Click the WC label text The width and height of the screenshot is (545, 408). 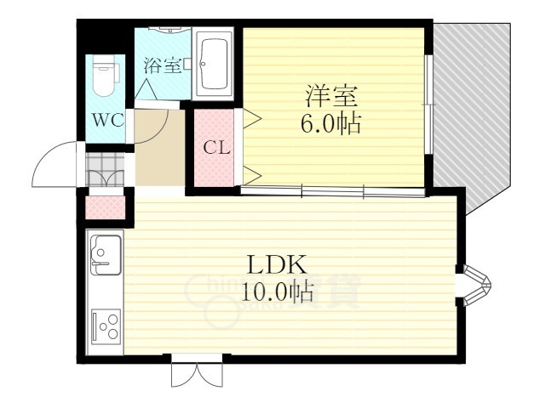(x=108, y=120)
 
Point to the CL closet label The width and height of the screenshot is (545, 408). (x=216, y=146)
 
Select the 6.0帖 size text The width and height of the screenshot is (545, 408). (x=329, y=124)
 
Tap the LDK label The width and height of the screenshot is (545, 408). (x=275, y=264)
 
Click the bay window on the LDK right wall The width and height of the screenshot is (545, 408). (x=475, y=286)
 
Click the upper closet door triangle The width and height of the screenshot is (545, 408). (x=252, y=120)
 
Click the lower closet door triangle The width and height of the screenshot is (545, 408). (x=252, y=174)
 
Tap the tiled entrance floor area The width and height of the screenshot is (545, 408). (x=106, y=167)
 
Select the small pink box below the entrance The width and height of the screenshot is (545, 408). (x=106, y=207)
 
